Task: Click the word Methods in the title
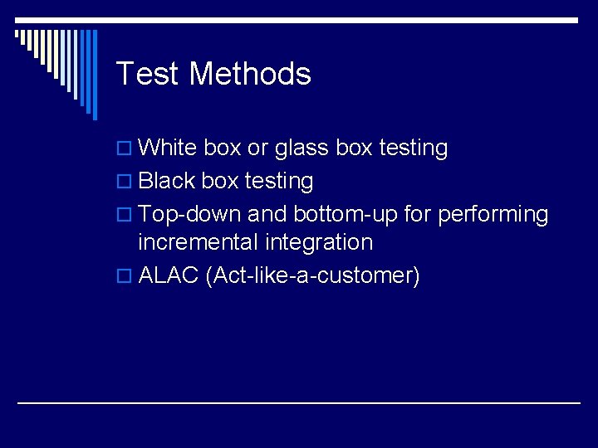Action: [x=250, y=74]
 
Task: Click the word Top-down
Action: [x=190, y=214]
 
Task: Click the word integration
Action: [x=319, y=243]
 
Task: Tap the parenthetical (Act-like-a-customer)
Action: [x=312, y=275]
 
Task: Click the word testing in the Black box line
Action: [x=278, y=181]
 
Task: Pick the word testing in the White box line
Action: [x=413, y=149]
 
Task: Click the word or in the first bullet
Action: [x=257, y=149]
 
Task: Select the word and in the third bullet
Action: [x=267, y=214]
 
